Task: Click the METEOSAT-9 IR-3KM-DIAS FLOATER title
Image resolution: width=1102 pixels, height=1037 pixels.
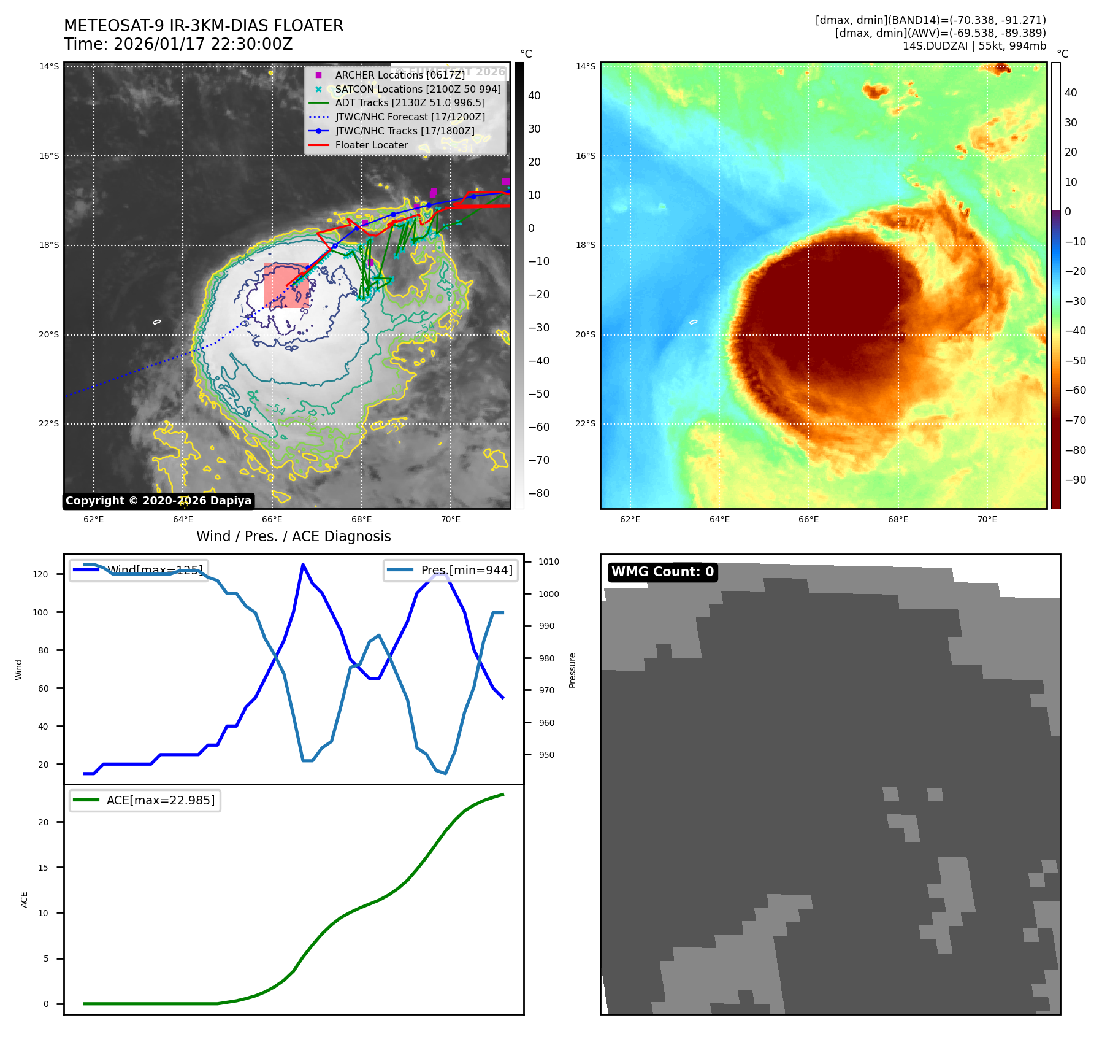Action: (x=204, y=26)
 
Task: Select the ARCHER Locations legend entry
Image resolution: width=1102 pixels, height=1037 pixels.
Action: (x=399, y=75)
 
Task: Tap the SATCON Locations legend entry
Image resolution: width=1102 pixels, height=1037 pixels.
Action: (x=417, y=89)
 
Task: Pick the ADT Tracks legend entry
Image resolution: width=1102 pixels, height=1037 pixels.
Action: (x=410, y=102)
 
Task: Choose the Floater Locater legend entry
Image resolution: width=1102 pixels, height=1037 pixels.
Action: (x=371, y=145)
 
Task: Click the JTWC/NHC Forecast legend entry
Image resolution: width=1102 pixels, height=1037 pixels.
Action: (x=410, y=117)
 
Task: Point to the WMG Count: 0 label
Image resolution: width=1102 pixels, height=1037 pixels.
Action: (x=662, y=572)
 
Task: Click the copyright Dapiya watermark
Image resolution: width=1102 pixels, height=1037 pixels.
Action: (x=158, y=501)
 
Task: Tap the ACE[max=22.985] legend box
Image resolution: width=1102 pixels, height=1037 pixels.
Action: (x=145, y=800)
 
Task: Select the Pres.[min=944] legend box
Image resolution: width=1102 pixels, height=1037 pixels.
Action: (x=451, y=570)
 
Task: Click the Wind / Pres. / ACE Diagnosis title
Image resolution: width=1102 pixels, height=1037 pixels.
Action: (x=293, y=536)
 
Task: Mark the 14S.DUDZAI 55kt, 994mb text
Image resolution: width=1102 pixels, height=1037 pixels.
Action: (x=974, y=46)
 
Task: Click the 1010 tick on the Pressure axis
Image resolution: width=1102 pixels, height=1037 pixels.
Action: (x=548, y=561)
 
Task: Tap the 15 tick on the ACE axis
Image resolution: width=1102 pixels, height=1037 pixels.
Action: (x=43, y=868)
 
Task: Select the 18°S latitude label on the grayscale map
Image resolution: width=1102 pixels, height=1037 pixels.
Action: (x=49, y=245)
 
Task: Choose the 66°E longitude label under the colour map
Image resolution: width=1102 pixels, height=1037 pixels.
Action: (x=808, y=519)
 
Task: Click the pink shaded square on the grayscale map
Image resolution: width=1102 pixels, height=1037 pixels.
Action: (x=286, y=286)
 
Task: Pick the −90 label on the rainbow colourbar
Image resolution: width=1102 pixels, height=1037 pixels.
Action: (x=1075, y=480)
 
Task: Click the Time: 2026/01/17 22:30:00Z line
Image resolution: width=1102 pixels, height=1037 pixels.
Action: (x=178, y=44)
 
